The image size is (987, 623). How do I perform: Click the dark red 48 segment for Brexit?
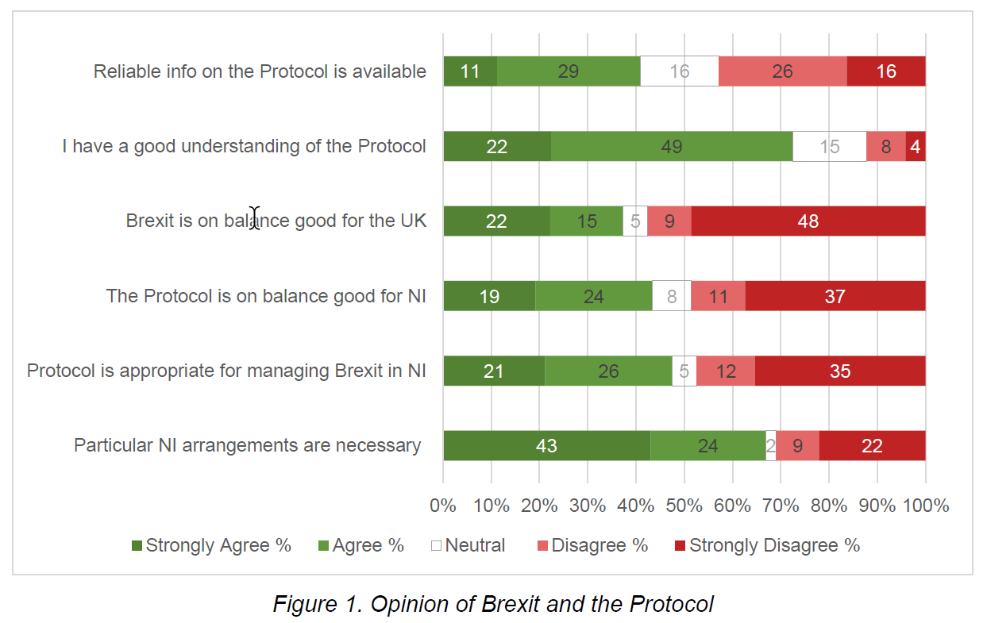tap(808, 221)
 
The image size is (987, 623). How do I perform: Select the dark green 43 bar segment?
tap(546, 445)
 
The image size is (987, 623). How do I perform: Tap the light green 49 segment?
tap(672, 147)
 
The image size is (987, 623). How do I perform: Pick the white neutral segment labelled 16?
tap(679, 71)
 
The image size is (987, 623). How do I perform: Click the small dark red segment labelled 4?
tap(916, 147)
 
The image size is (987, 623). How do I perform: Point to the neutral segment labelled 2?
tap(770, 445)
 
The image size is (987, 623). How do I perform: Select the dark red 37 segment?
tap(835, 296)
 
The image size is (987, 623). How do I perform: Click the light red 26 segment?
tap(782, 71)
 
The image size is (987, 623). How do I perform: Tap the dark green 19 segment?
tap(489, 296)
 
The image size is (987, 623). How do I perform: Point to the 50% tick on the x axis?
tap(684, 506)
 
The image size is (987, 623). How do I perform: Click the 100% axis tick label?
tap(925, 506)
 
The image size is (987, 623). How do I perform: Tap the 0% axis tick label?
tap(442, 506)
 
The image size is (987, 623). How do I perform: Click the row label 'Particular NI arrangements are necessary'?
tap(247, 445)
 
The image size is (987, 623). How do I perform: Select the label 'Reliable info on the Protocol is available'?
tap(260, 71)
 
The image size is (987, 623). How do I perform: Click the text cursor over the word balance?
tap(254, 217)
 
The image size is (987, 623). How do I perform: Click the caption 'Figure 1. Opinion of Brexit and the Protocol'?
tap(493, 604)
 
